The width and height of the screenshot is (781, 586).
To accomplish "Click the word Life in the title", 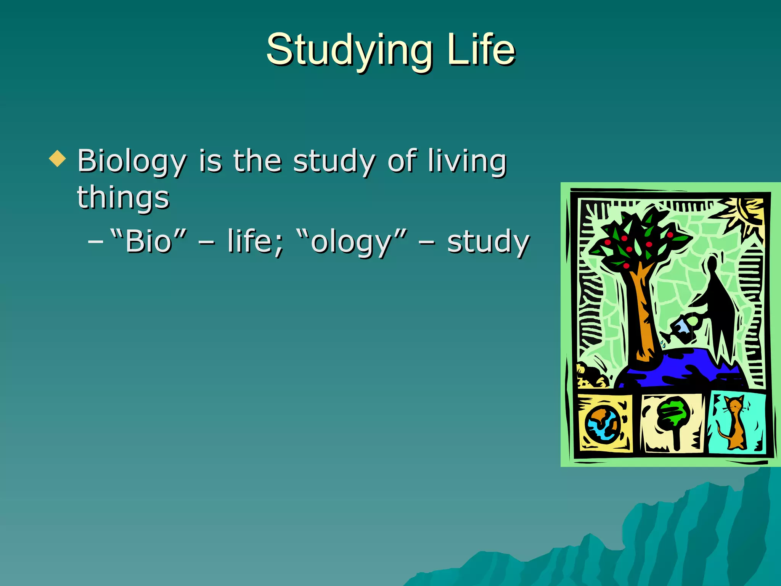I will tap(481, 50).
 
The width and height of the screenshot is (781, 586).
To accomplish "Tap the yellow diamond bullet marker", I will tap(58, 158).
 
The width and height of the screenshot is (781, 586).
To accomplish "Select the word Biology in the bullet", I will tap(132, 161).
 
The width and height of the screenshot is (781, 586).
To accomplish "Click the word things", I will tap(123, 198).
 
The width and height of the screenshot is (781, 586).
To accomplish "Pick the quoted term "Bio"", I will tap(149, 241).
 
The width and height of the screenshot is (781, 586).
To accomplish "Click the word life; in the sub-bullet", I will tap(256, 241).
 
